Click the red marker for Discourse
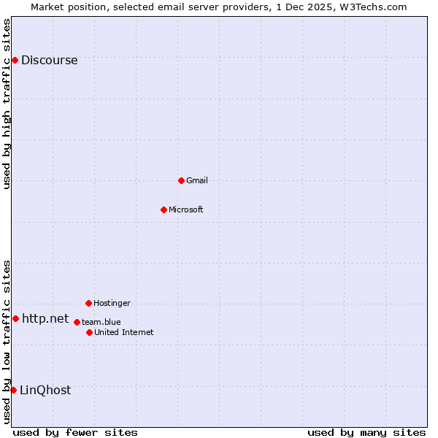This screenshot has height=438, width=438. pyautogui.click(x=15, y=60)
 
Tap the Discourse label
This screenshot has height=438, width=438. pyautogui.click(x=49, y=61)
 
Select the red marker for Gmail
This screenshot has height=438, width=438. pyautogui.click(x=181, y=180)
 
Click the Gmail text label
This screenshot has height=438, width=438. pyautogui.click(x=196, y=181)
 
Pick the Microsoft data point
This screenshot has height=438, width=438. pyautogui.click(x=164, y=210)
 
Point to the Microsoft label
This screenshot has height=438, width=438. pyautogui.click(x=185, y=210)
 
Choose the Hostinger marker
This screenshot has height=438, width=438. pyautogui.click(x=88, y=303)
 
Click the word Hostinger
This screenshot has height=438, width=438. pyautogui.click(x=112, y=304)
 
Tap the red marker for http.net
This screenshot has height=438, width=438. pyautogui.click(x=15, y=318)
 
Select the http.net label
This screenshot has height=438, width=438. pyautogui.click(x=45, y=319)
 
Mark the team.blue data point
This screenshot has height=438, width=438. pyautogui.click(x=77, y=322)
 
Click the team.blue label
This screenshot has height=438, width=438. pyautogui.click(x=101, y=322)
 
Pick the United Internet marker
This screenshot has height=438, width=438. pyautogui.click(x=89, y=332)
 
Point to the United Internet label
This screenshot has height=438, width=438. pyautogui.click(x=123, y=333)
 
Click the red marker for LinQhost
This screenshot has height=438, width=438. pyautogui.click(x=13, y=390)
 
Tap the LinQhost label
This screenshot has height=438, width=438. pyautogui.click(x=45, y=391)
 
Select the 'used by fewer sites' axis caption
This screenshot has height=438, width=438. pyautogui.click(x=75, y=432)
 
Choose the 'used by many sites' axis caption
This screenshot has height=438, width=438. pyautogui.click(x=366, y=432)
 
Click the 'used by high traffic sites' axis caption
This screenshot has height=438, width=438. pyautogui.click(x=7, y=104)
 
